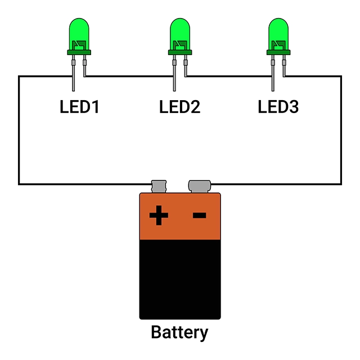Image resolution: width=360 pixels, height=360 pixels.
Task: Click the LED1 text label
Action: [79, 106]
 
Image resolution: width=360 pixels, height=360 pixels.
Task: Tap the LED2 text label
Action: [180, 106]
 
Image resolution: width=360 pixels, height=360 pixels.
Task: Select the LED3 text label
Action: [278, 106]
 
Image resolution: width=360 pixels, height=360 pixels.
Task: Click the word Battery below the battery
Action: [179, 332]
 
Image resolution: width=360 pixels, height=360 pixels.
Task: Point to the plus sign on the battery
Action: [159, 215]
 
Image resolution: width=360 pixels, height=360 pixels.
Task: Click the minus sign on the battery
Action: [199, 215]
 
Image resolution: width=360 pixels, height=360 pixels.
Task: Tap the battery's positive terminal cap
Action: [159, 186]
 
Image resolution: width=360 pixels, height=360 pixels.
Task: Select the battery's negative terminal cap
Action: [199, 186]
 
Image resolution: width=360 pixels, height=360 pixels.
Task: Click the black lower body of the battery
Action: [180, 279]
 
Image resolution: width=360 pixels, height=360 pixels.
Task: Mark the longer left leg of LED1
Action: [74, 73]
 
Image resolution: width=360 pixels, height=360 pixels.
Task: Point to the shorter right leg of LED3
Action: [284, 66]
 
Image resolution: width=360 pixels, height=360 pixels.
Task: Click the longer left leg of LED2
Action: [174, 73]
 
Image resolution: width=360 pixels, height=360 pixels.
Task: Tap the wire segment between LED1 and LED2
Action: [129, 76]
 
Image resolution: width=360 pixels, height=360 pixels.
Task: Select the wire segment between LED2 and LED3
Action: [228, 76]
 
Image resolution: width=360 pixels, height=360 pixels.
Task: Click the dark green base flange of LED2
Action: [180, 52]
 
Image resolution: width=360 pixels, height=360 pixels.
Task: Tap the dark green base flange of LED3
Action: [278, 52]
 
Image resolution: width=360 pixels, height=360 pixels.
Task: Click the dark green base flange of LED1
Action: [79, 52]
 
